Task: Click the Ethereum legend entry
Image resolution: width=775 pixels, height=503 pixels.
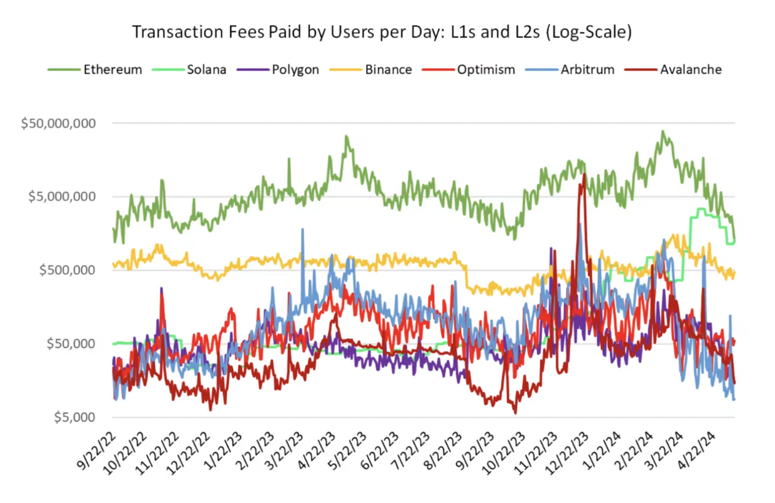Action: [95, 69]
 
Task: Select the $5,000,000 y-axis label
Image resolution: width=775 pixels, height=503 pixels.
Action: [62, 197]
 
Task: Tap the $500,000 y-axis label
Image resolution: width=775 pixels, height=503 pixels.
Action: [66, 270]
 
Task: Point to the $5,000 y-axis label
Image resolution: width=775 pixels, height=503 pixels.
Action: [74, 417]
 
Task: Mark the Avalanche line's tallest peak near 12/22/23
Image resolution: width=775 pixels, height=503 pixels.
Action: [582, 174]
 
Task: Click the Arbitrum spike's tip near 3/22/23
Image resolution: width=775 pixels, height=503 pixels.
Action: [302, 229]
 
